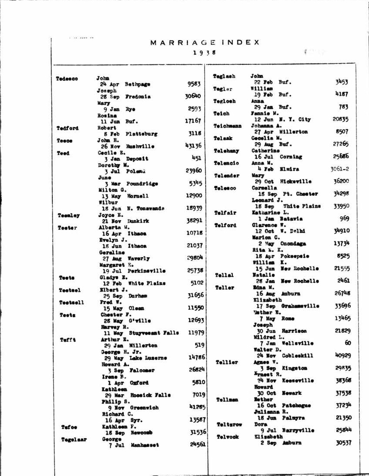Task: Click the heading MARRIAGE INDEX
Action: coord(205,43)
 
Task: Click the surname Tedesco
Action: coord(67,79)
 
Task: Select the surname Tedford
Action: coord(67,128)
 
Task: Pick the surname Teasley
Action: coord(68,215)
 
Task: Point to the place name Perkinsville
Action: coord(146,271)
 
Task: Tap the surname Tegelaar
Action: coord(74,439)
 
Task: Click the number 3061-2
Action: coord(339,169)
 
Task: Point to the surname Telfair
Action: coord(225,213)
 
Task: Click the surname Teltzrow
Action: coord(229,424)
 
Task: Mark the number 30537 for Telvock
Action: coord(343,443)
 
